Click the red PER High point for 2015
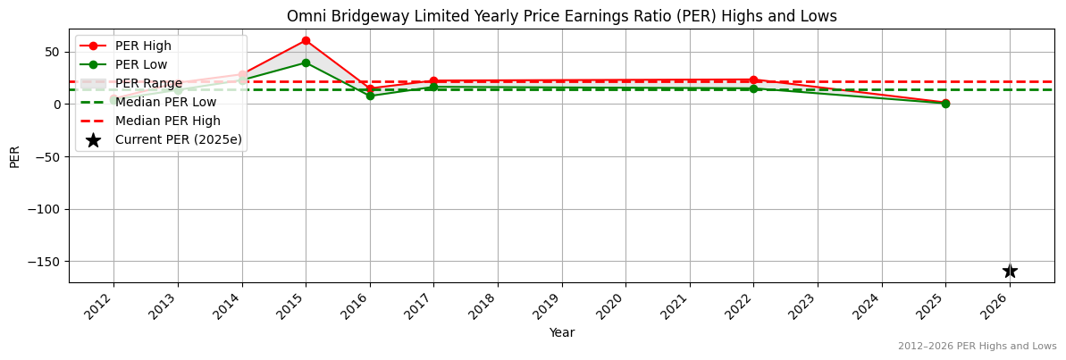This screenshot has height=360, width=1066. click(x=306, y=40)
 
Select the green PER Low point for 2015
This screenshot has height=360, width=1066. click(x=306, y=63)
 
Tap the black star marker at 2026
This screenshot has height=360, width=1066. click(x=1010, y=271)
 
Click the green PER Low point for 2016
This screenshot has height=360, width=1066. click(x=370, y=96)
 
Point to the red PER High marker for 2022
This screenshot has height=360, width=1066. click(x=753, y=80)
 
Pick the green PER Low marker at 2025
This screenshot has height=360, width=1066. click(x=945, y=104)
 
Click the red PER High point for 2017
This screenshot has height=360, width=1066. click(x=433, y=81)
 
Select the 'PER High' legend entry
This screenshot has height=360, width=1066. click(x=143, y=46)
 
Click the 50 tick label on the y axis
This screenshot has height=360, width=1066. click(x=53, y=52)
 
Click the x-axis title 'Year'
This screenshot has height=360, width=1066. click(x=561, y=332)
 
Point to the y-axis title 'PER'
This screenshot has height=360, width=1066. click(x=14, y=156)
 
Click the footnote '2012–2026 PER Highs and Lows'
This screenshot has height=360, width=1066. click(x=977, y=346)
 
